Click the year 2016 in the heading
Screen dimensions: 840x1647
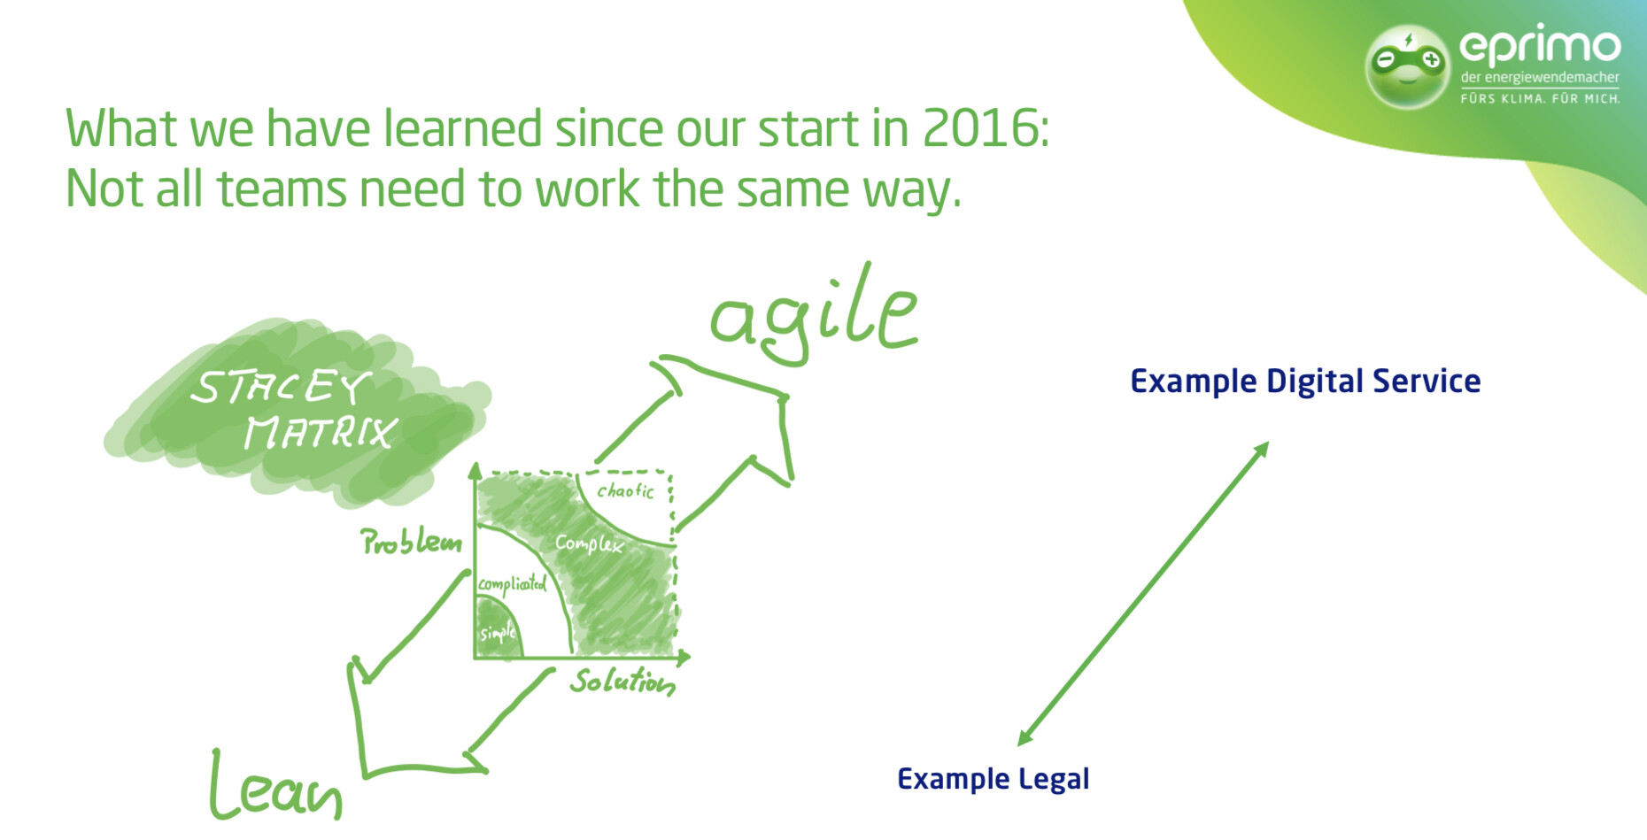coord(978,129)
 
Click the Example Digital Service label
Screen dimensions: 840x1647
coord(1305,381)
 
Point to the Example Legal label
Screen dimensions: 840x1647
coord(993,779)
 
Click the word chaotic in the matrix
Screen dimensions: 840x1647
coord(625,490)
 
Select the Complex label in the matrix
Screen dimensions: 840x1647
coord(589,543)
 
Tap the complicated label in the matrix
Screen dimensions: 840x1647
coord(512,584)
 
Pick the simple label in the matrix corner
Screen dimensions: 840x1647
coord(497,633)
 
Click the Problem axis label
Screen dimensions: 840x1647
coord(410,542)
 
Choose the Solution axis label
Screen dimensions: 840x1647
coord(622,682)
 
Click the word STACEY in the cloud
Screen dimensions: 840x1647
coord(280,388)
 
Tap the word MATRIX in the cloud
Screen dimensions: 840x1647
coord(320,433)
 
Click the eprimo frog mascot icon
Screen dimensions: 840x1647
coord(1407,66)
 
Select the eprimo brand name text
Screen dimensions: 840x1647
coord(1539,45)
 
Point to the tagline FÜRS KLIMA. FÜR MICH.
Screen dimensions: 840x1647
coord(1539,98)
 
